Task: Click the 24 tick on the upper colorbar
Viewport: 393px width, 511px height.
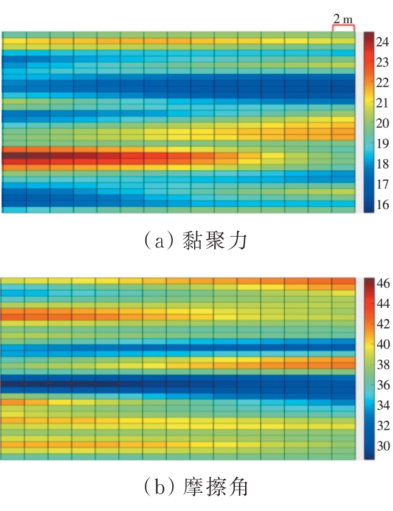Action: pos(382,42)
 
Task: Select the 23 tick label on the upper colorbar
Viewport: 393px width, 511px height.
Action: pos(382,62)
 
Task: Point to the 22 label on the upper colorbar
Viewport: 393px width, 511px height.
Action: pos(382,83)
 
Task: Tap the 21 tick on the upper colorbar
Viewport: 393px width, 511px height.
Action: pos(382,103)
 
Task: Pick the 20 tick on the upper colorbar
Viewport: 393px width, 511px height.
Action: pos(382,123)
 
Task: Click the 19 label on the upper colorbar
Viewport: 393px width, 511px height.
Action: pos(382,144)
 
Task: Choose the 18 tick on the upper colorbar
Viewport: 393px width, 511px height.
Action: pos(382,164)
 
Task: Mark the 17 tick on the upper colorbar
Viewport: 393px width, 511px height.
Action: pos(382,184)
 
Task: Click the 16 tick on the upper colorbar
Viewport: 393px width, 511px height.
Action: pos(382,205)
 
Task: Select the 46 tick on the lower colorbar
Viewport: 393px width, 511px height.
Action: pos(382,283)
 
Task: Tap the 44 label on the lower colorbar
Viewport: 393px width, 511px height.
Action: pos(382,303)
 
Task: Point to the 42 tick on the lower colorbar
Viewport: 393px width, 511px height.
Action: pos(382,324)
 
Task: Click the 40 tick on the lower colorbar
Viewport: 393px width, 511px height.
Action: pos(382,344)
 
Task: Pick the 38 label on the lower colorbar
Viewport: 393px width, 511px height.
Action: pos(382,364)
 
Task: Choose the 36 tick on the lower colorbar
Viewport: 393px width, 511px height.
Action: pos(382,385)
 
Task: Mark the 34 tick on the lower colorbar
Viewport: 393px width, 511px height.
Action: pos(382,405)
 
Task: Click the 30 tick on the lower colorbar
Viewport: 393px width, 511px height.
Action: pos(382,446)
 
